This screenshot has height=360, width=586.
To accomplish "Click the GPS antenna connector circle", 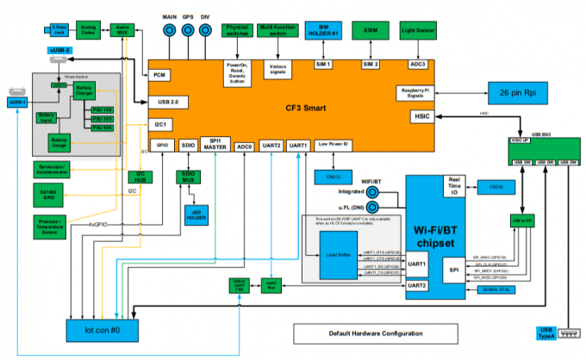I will pyautogui.click(x=188, y=30).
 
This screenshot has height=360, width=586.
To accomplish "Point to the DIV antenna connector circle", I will pyautogui.click(x=205, y=30).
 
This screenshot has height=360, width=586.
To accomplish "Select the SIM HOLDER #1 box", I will pyautogui.click(x=323, y=29).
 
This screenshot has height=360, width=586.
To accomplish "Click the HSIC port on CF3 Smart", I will pyautogui.click(x=422, y=115).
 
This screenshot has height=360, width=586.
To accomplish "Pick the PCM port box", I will pyautogui.click(x=160, y=75).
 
